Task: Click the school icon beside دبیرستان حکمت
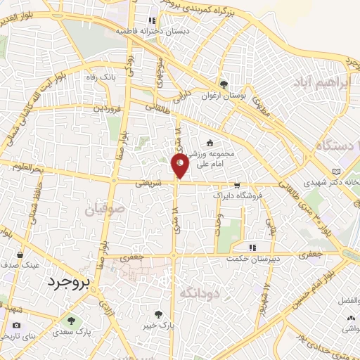252,247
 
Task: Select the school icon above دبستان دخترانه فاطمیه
150,20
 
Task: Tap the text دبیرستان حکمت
252,258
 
